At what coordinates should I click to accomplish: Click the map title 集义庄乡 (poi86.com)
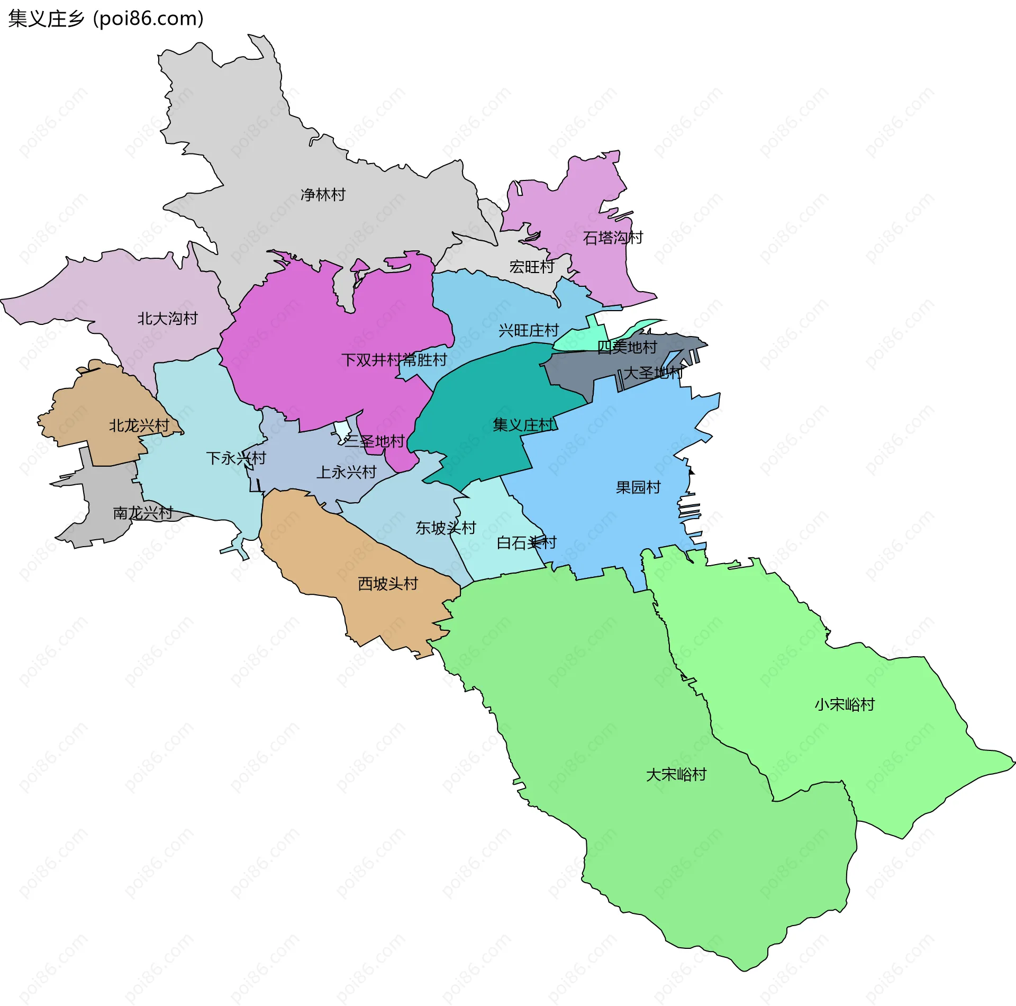(x=106, y=19)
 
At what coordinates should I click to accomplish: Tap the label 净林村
(x=323, y=195)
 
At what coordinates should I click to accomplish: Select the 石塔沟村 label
(x=613, y=238)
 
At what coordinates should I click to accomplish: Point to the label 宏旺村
(x=532, y=267)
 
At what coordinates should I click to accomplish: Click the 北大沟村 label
(x=167, y=319)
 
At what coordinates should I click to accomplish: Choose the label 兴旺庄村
(x=529, y=331)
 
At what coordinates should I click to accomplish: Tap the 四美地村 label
(x=627, y=347)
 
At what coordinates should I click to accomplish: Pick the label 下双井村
(x=371, y=360)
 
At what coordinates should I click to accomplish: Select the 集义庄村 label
(x=523, y=425)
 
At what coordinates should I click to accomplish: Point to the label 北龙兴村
(x=139, y=425)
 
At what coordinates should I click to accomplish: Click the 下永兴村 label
(x=236, y=458)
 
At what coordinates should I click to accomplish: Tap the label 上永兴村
(x=346, y=472)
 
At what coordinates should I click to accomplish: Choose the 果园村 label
(x=638, y=487)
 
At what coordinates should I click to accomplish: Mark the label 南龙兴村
(x=143, y=513)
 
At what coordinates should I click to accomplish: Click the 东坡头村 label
(x=446, y=528)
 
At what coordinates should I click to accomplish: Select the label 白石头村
(x=527, y=542)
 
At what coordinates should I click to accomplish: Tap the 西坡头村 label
(x=388, y=584)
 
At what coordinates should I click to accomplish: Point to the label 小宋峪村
(x=845, y=704)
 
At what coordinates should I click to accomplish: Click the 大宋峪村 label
(x=676, y=775)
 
